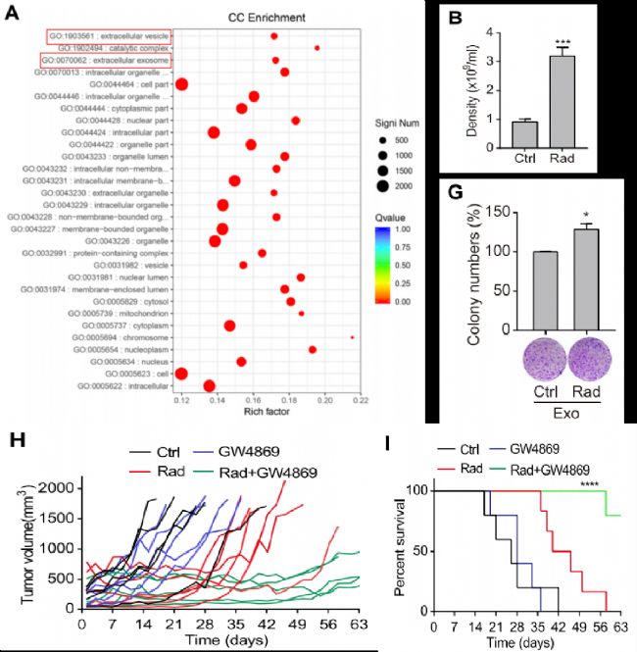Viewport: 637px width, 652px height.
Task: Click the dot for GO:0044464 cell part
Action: [181, 83]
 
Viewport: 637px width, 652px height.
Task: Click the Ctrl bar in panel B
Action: [522, 135]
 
